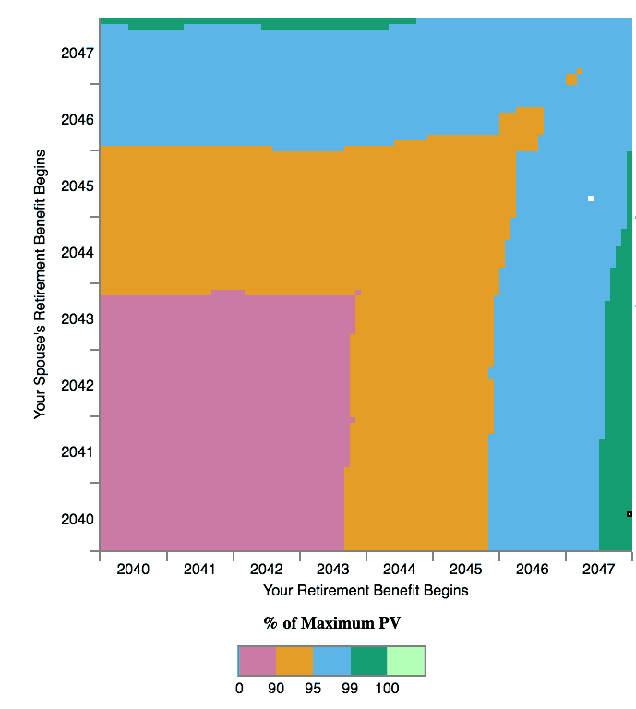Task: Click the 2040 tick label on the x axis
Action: pyautogui.click(x=133, y=570)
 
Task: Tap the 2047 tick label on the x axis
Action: pyautogui.click(x=598, y=570)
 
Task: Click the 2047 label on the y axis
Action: pyautogui.click(x=78, y=53)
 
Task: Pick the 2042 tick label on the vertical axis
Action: pyautogui.click(x=78, y=385)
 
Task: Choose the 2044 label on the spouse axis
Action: pyautogui.click(x=78, y=252)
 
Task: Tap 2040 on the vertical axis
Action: pyautogui.click(x=78, y=519)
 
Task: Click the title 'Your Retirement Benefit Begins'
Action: pyautogui.click(x=366, y=590)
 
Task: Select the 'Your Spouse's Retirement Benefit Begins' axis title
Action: pyautogui.click(x=40, y=285)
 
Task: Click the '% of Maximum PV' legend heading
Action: pyautogui.click(x=332, y=623)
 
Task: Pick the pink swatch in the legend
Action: pyautogui.click(x=258, y=660)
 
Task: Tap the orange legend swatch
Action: pyautogui.click(x=294, y=660)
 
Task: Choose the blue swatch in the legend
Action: pyautogui.click(x=331, y=660)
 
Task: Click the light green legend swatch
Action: pyautogui.click(x=406, y=660)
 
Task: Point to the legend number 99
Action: pyautogui.click(x=351, y=689)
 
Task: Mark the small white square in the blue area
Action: pyautogui.click(x=591, y=198)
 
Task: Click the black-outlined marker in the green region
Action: pyautogui.click(x=630, y=514)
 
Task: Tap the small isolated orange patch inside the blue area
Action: pyautogui.click(x=572, y=78)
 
